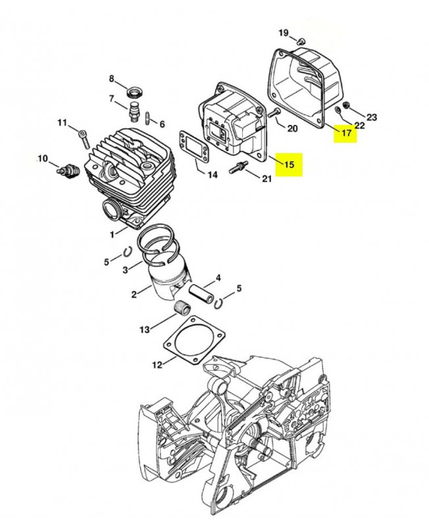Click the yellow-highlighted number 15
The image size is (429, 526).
(x=289, y=165)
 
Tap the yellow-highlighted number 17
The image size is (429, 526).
(x=346, y=133)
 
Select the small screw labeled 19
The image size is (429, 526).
(x=301, y=41)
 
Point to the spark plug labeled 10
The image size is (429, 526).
(x=66, y=170)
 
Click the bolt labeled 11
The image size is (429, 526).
(x=85, y=139)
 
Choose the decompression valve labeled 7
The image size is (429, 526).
(x=134, y=110)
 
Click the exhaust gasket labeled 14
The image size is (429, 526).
(x=192, y=147)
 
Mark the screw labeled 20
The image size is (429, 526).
(x=274, y=113)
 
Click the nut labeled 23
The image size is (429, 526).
(x=346, y=105)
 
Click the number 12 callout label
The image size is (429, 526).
(x=157, y=364)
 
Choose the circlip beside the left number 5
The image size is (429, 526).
(x=128, y=252)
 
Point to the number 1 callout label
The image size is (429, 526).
(x=113, y=234)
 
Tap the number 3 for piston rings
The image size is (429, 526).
(x=125, y=270)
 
